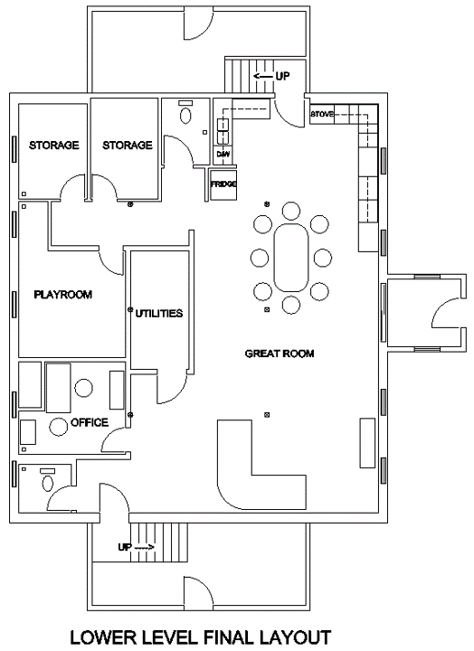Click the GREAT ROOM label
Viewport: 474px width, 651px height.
(280, 354)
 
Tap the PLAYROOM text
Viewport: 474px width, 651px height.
(62, 295)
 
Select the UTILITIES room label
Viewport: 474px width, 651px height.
(159, 314)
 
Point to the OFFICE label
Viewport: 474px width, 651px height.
(90, 422)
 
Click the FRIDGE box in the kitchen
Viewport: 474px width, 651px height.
(223, 184)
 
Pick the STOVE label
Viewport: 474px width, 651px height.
(321, 114)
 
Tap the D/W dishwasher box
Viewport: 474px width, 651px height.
(223, 155)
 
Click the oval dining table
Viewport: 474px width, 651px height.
(290, 258)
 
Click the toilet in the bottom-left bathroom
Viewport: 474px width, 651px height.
(48, 483)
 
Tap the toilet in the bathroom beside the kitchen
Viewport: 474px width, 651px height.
(186, 115)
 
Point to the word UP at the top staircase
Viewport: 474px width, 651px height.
(282, 76)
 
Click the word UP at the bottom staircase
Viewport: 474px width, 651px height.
(125, 547)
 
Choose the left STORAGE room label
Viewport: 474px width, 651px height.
(53, 146)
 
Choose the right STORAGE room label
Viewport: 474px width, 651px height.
(128, 146)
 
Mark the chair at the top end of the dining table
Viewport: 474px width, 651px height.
(290, 211)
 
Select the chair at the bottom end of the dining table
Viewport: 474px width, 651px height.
(290, 305)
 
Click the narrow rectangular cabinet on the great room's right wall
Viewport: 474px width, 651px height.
(367, 443)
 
